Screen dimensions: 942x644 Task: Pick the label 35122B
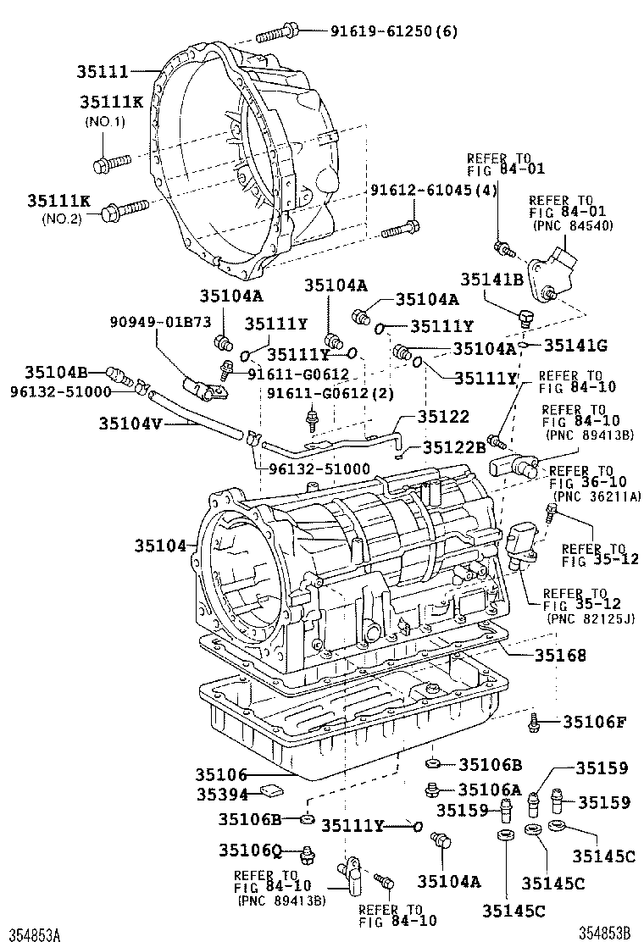(455, 447)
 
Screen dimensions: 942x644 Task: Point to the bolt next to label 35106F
(534, 722)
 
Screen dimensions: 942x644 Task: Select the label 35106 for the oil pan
(221, 774)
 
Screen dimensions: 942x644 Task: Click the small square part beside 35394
(270, 793)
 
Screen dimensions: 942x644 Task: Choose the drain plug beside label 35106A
(433, 790)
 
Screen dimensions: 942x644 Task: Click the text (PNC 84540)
(573, 226)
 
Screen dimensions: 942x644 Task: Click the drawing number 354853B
(606, 933)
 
